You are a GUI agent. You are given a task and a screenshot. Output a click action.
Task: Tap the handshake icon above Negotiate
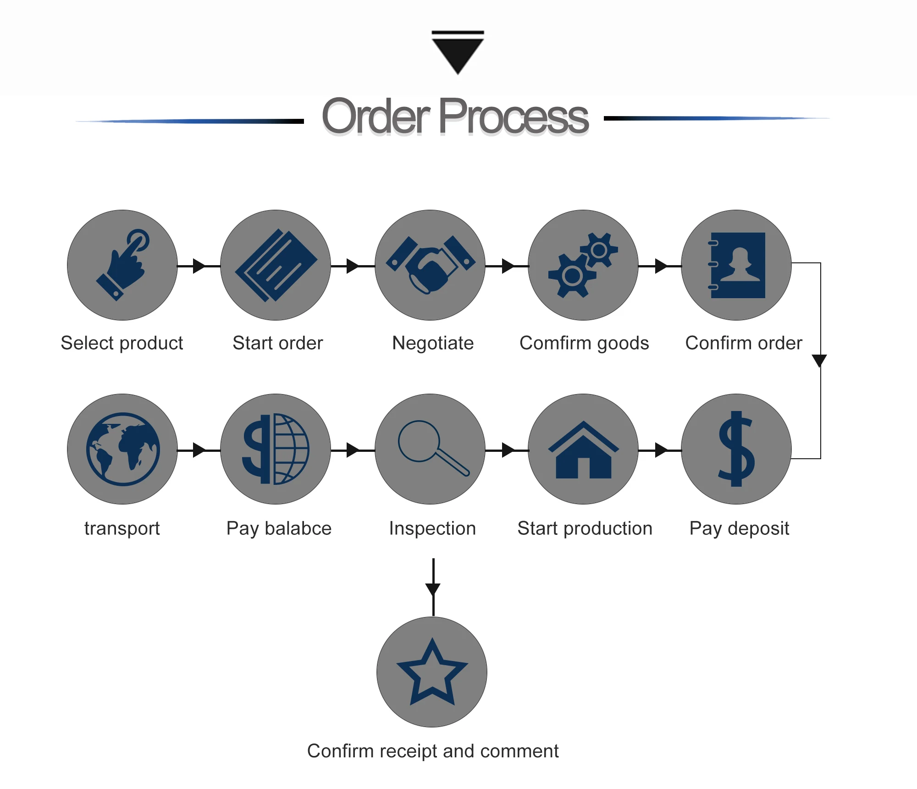[x=430, y=265]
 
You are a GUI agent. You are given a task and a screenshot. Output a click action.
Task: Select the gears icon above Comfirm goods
[x=583, y=265]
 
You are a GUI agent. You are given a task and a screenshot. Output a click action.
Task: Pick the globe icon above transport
[x=122, y=449]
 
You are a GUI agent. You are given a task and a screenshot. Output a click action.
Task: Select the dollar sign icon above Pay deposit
[x=736, y=449]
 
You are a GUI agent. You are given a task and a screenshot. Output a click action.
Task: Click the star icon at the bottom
[x=432, y=672]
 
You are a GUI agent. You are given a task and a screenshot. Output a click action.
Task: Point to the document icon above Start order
[x=276, y=265]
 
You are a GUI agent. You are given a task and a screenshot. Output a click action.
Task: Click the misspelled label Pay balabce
[x=279, y=528]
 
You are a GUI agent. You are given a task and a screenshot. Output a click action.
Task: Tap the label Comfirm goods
[x=584, y=343]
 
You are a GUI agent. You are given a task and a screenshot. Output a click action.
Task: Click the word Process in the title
[x=514, y=117]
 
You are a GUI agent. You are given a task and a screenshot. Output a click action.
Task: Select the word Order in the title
[x=376, y=117]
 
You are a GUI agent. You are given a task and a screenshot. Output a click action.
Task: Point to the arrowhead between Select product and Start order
[x=199, y=266]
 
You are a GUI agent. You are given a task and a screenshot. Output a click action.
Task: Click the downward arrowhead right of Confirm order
[x=819, y=360]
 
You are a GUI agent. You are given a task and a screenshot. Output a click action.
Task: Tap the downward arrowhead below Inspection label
[x=433, y=589]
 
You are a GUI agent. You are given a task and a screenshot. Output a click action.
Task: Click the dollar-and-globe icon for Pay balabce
[x=276, y=449]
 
